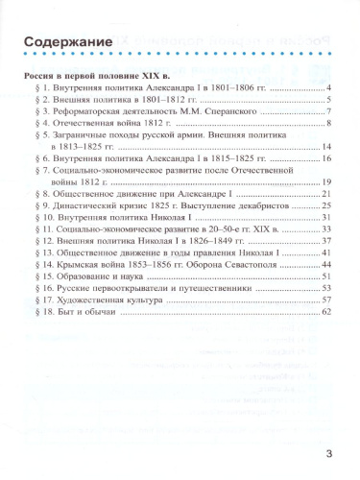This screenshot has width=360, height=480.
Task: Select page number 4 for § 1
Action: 328,90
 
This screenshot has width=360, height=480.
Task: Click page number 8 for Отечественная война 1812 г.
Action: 328,125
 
